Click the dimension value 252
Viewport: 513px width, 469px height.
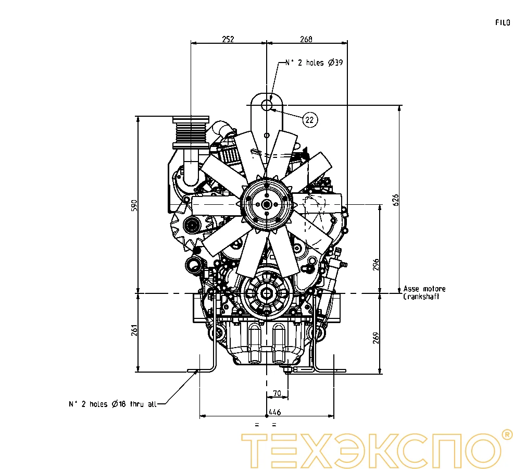[228, 39]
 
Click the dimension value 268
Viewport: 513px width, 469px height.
[306, 39]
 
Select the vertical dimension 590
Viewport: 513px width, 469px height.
[134, 205]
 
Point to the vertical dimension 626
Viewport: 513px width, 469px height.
[395, 200]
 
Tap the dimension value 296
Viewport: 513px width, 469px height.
[376, 264]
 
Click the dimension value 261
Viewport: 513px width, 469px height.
[134, 330]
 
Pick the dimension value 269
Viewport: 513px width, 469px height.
[376, 338]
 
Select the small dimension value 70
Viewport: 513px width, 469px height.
[277, 393]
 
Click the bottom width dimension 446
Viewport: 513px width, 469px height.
[275, 412]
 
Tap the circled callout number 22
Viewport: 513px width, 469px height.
[309, 120]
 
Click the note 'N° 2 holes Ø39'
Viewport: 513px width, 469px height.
[314, 63]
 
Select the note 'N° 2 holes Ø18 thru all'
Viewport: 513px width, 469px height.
[112, 404]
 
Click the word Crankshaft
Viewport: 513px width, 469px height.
[421, 297]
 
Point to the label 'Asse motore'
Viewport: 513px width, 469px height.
[424, 289]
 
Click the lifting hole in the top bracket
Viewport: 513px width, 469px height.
[267, 105]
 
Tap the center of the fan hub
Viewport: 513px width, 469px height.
[267, 205]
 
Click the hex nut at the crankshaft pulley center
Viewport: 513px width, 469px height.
[267, 293]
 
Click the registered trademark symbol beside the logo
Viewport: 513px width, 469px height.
[506, 435]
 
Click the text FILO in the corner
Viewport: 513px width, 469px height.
[503, 22]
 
